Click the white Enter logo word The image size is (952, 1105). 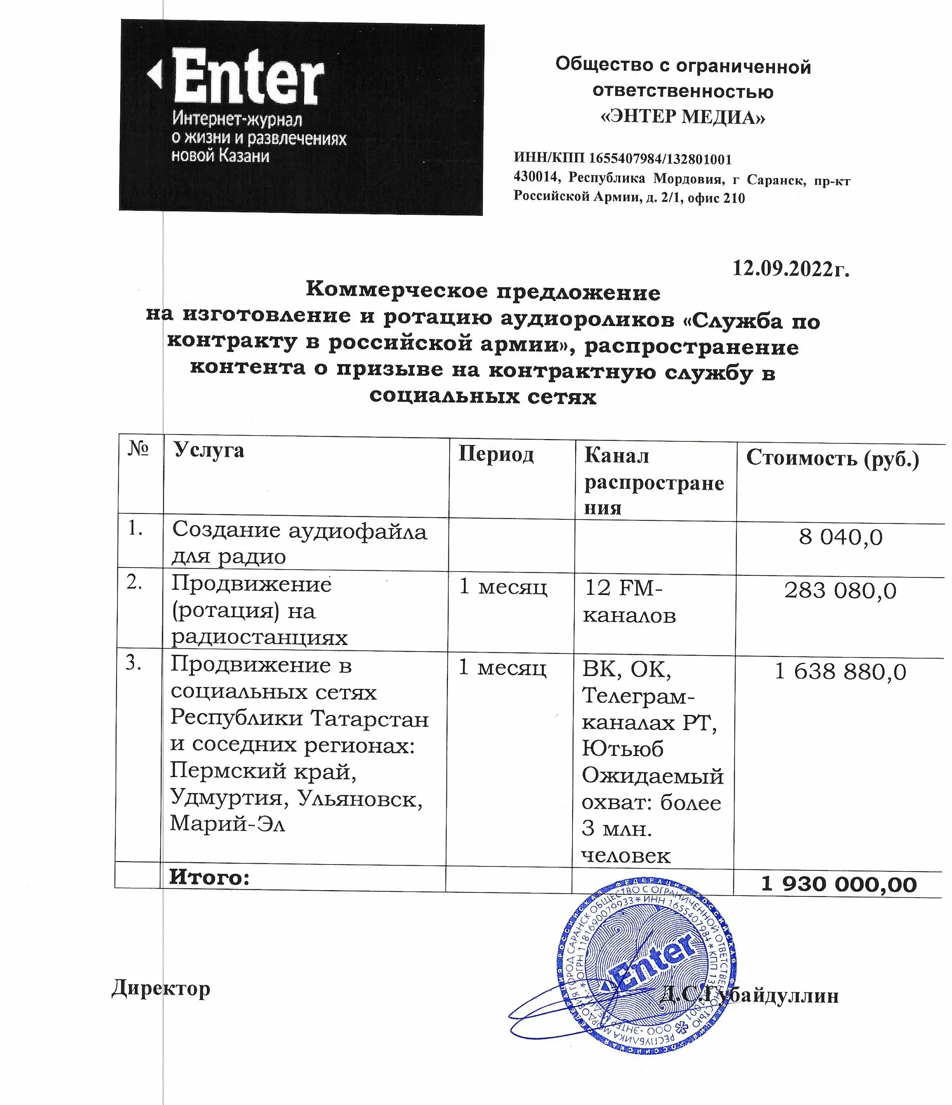(248, 77)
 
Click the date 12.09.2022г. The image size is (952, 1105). (790, 268)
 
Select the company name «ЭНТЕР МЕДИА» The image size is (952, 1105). (682, 116)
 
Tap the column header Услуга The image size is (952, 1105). (208, 451)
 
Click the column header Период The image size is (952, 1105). (496, 455)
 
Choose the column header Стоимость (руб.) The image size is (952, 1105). (832, 458)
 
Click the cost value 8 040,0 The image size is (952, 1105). (840, 537)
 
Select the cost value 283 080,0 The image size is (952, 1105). (840, 591)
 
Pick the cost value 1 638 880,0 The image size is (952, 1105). (840, 672)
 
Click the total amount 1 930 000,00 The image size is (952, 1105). (838, 885)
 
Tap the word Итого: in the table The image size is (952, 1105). (209, 877)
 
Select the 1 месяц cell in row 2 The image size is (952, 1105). (503, 588)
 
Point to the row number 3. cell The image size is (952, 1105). (133, 663)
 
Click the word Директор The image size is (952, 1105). (161, 988)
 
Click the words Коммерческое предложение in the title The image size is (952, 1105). (483, 291)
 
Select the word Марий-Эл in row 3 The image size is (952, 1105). (228, 824)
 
